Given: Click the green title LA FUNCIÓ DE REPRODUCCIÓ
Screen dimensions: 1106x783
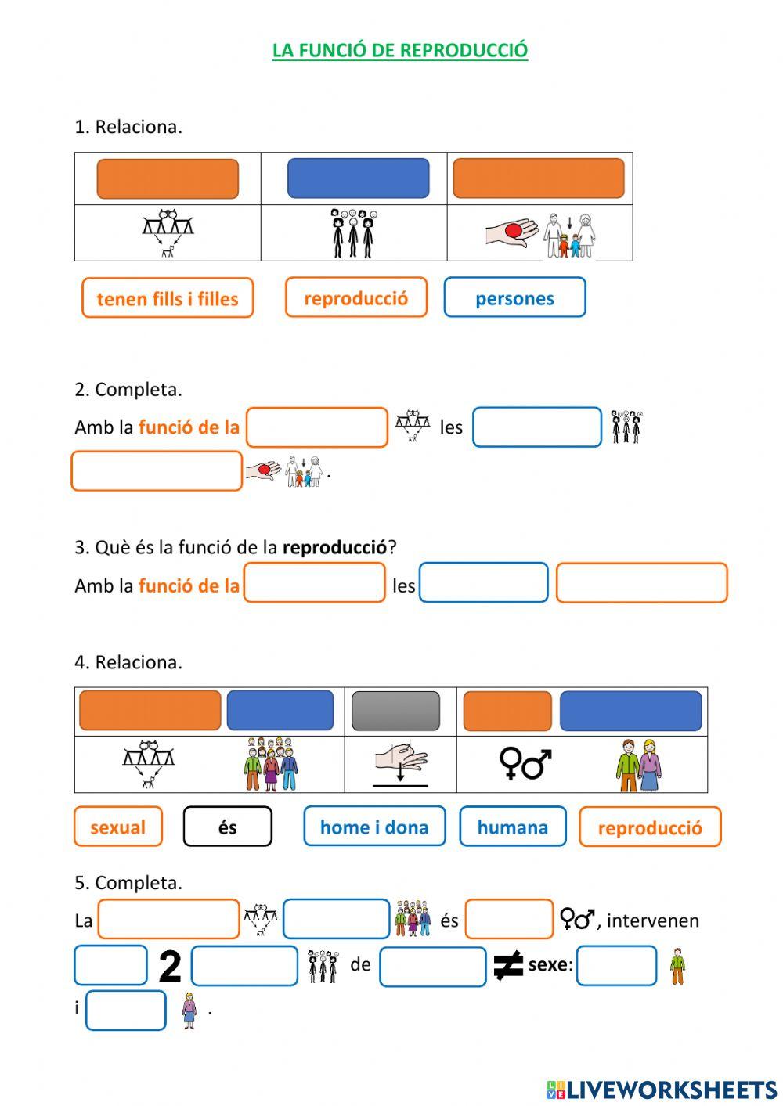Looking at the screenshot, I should point(400,50).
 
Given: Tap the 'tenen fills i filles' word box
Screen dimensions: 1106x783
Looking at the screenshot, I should point(168,298).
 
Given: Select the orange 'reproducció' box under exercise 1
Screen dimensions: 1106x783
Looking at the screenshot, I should point(356,297).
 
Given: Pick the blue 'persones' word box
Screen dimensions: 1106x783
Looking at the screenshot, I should point(514,298).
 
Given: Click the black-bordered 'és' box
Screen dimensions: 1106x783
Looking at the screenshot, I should point(228,827).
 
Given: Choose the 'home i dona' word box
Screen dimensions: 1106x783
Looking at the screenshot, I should point(374,827).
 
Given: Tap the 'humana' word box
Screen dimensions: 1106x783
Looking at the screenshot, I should point(513,827).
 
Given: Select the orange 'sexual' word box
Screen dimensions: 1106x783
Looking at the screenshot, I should point(118,827).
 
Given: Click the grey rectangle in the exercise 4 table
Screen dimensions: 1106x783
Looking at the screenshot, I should point(396,712).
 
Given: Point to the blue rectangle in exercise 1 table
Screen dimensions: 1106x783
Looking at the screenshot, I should point(359,178).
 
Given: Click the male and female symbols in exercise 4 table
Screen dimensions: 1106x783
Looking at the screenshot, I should point(525,764).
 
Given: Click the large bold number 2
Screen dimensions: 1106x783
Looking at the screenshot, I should point(170,966).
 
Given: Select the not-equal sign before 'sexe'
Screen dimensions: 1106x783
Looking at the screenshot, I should point(508,965).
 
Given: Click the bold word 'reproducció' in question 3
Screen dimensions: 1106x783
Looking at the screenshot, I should point(334,547).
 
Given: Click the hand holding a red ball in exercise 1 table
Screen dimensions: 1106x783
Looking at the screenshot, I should point(512,232).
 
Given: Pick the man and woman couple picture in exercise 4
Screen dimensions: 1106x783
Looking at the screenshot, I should point(639,765).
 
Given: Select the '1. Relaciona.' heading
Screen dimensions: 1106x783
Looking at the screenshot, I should point(128,127).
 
